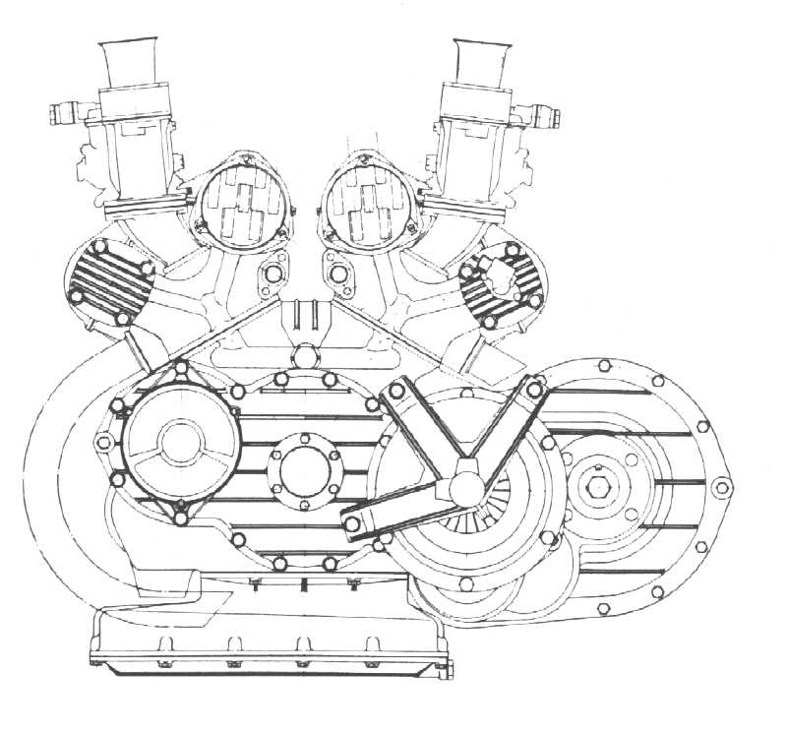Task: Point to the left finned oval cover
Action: (105, 280)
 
